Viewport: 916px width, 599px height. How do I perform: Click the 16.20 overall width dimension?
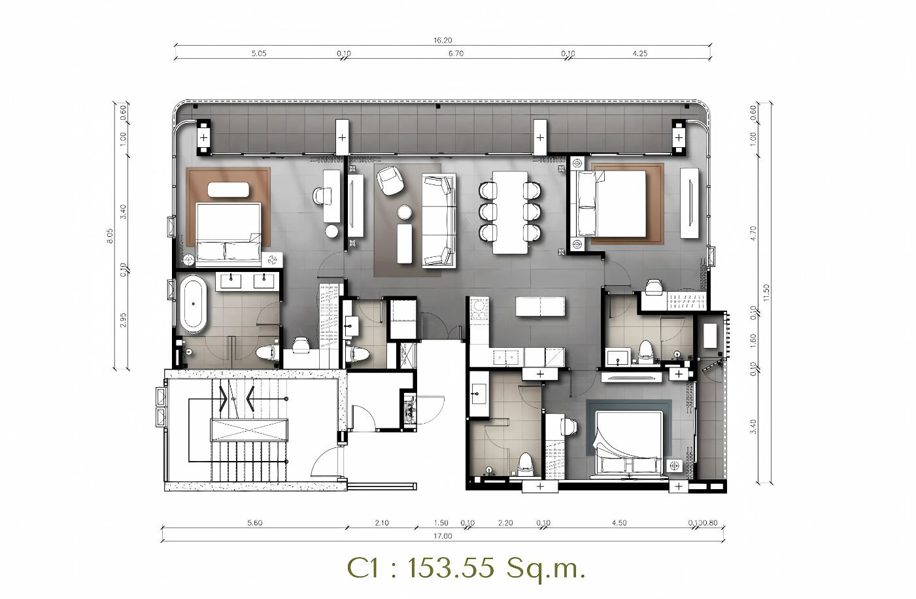(443, 40)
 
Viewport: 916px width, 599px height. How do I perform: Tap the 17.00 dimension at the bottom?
(443, 536)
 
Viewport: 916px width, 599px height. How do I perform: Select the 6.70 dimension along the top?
(456, 53)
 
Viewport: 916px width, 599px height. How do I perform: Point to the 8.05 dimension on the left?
(110, 236)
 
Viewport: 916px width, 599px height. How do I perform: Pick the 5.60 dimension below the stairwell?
(255, 522)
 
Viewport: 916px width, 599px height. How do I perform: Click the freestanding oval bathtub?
(193, 304)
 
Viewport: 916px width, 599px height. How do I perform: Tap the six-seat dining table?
(510, 213)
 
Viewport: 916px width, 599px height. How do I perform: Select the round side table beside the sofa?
(405, 213)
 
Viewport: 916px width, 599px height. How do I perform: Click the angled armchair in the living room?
(390, 180)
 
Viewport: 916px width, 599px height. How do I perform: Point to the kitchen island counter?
(540, 306)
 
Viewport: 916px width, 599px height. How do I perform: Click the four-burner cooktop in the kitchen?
(479, 309)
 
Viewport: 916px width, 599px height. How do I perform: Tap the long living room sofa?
(439, 221)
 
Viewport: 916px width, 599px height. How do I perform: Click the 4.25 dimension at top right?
(639, 53)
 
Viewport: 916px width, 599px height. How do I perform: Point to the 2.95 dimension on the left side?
(123, 320)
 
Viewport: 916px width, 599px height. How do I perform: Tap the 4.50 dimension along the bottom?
(619, 522)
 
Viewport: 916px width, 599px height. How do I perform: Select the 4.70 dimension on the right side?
(754, 233)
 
